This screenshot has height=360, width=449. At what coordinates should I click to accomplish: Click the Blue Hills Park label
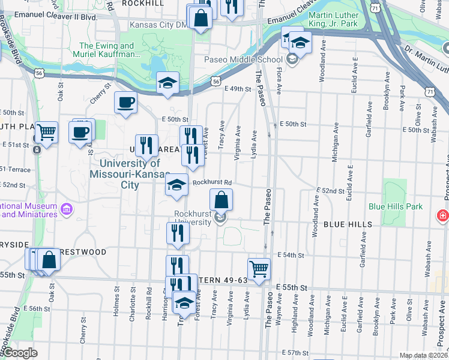point(396,206)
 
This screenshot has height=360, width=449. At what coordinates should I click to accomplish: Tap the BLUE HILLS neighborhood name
point(348,224)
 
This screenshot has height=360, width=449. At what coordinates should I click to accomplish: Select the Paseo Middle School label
point(243,59)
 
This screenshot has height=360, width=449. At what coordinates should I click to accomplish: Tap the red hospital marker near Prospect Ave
point(443,215)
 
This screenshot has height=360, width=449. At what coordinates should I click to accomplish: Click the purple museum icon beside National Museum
point(67,209)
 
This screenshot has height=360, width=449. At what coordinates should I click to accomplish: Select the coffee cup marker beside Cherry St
point(126,103)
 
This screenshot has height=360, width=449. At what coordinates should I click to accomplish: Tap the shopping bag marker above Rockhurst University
point(221,199)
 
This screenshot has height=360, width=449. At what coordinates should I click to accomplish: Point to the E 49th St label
point(238,89)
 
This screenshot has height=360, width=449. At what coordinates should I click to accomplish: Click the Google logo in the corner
point(19,353)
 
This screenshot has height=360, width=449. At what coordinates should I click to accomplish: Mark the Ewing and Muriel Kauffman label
point(106,50)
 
